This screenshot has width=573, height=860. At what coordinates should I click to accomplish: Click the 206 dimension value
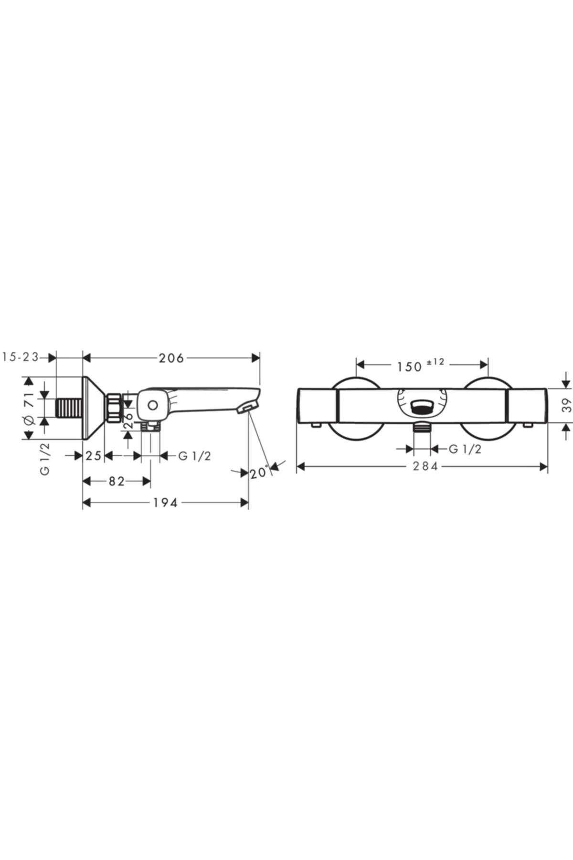pos(171,358)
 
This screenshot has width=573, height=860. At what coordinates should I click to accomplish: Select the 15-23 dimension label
pos(20,357)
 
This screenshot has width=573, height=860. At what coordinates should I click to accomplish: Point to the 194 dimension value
pos(165,503)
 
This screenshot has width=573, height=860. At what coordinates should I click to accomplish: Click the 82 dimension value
pos(116,481)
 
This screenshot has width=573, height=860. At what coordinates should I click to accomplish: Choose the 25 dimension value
pos(94,456)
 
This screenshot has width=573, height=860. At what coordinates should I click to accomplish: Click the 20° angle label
pos(259,473)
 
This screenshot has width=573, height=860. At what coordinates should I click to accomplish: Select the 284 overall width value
pos(425,466)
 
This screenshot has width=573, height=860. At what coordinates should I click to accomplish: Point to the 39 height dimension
pos(567,406)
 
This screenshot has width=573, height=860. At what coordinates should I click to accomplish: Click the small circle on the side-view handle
pos(152,406)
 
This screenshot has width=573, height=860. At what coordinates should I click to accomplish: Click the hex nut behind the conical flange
pos(114,408)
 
